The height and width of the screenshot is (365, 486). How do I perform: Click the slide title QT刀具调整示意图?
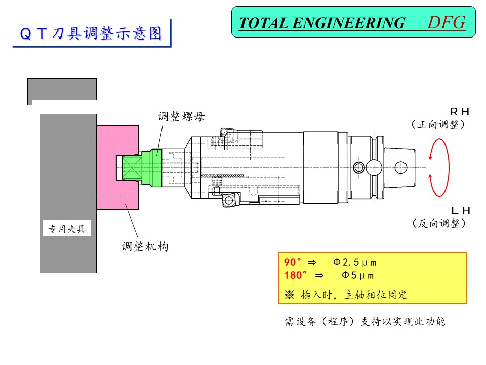pos(91,33)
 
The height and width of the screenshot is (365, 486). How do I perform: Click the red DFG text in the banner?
pos(447,23)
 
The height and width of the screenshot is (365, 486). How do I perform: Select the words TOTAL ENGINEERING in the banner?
pos(322,23)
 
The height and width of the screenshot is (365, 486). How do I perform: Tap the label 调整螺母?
pos(181,117)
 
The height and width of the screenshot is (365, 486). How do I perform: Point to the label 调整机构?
pos(145,247)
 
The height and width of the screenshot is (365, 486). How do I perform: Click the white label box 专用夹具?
pos(67,229)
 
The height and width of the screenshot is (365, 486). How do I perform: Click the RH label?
pos(460,112)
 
